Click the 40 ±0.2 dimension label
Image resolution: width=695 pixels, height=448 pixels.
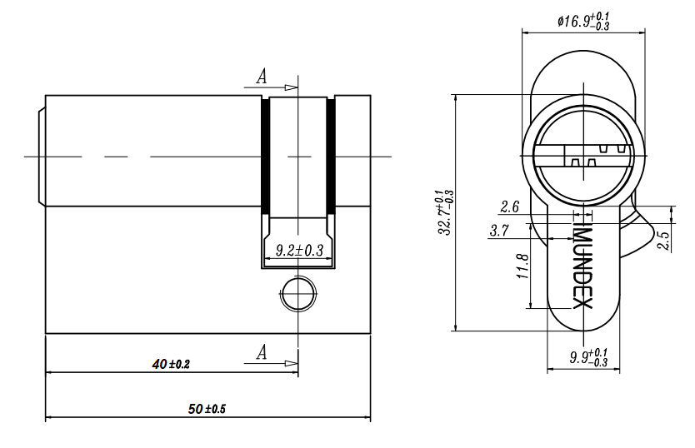pyautogui.click(x=171, y=364)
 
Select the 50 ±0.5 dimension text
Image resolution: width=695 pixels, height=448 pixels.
pyautogui.click(x=207, y=409)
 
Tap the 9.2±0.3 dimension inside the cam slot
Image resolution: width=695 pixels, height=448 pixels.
pyautogui.click(x=300, y=250)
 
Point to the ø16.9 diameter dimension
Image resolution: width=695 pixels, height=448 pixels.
pyautogui.click(x=583, y=22)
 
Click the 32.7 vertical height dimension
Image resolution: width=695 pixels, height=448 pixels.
pyautogui.click(x=446, y=212)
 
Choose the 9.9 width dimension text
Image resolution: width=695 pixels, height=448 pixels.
pyautogui.click(x=588, y=357)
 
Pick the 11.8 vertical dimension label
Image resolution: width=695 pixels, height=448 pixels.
pyautogui.click(x=523, y=266)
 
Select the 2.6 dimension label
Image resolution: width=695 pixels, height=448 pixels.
pyautogui.click(x=509, y=207)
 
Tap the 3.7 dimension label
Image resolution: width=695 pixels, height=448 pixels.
pyautogui.click(x=499, y=231)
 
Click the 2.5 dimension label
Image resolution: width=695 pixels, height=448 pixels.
pyautogui.click(x=665, y=240)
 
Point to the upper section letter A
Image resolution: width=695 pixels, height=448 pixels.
pyautogui.click(x=262, y=77)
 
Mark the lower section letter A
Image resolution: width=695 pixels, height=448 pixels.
pyautogui.click(x=262, y=352)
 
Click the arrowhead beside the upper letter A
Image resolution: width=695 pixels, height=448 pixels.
pyautogui.click(x=291, y=87)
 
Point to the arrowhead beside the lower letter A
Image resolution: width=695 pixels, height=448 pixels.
pyautogui.click(x=291, y=363)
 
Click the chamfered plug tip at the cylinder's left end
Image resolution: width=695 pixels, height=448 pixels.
pyautogui.click(x=42, y=156)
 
